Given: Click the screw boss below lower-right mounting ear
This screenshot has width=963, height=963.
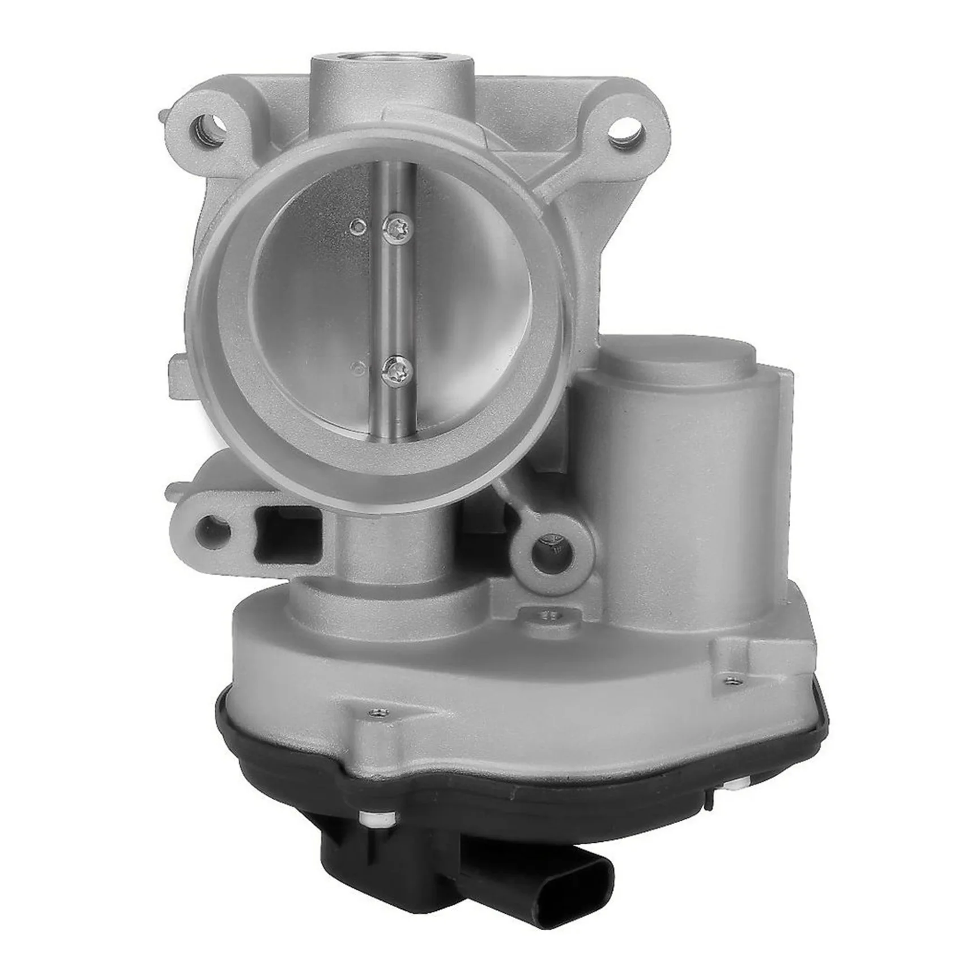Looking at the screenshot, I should [x=547, y=613].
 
